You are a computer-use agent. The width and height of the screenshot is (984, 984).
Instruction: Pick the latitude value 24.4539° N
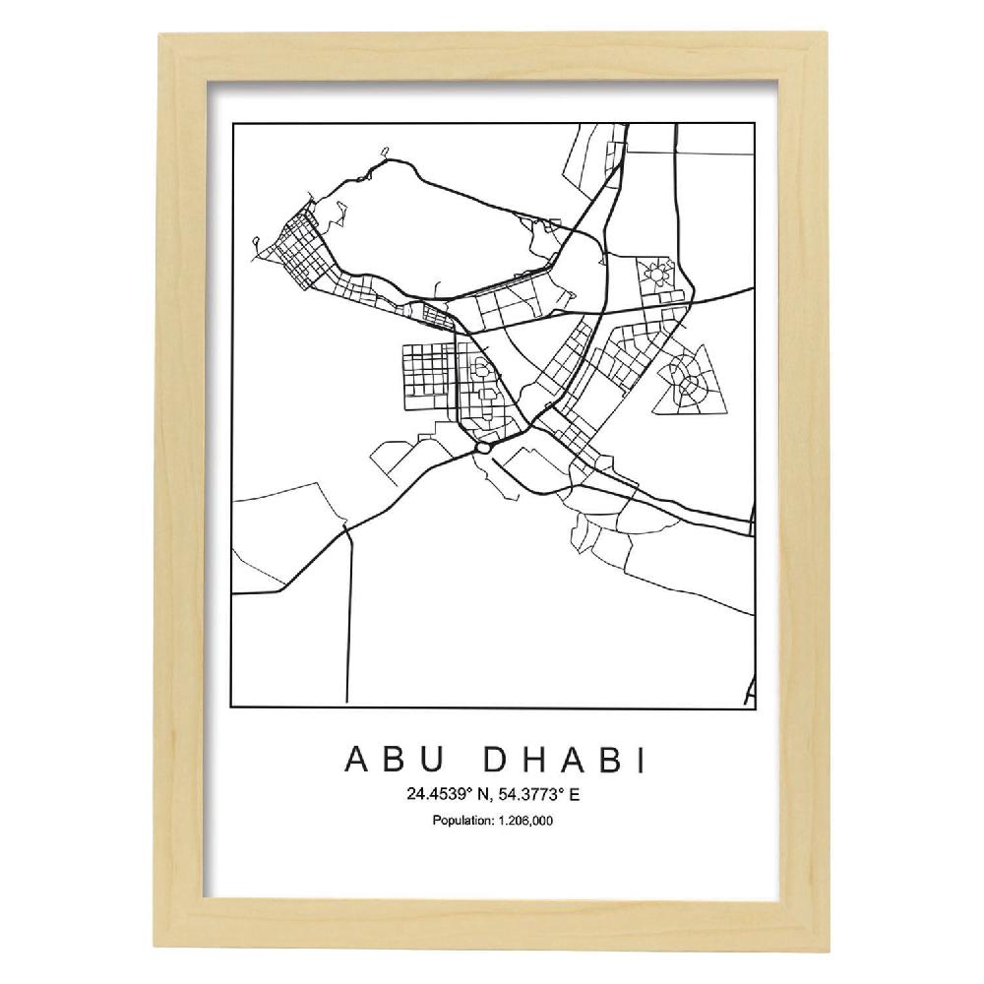point(437,792)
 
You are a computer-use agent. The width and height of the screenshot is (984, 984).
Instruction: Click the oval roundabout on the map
point(482,448)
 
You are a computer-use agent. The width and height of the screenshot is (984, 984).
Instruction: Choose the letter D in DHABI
point(489,761)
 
